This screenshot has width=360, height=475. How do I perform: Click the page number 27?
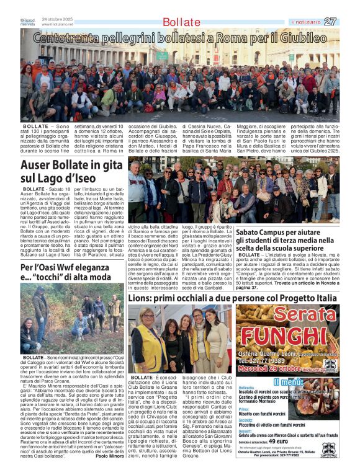[330, 21]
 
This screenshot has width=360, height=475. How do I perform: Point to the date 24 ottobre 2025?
[57, 19]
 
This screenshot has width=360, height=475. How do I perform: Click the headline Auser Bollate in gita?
[71, 166]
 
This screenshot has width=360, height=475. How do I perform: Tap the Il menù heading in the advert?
[287, 381]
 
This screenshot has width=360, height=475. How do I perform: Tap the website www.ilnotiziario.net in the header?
[61, 24]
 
